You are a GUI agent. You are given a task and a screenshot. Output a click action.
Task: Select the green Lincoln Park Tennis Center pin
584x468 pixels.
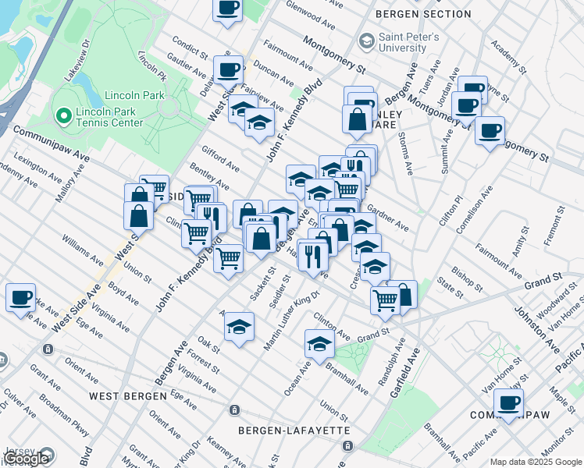63,116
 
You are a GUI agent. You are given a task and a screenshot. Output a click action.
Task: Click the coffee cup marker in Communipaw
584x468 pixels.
508,403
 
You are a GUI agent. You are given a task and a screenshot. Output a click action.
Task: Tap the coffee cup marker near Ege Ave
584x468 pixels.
20,297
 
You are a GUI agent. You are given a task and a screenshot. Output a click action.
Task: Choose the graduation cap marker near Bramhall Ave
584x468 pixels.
319,343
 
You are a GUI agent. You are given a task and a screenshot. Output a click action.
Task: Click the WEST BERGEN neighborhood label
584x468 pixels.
127,396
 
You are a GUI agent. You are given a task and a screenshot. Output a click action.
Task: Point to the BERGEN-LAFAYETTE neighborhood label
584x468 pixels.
294,431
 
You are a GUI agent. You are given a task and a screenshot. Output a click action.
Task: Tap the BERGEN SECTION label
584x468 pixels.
422,14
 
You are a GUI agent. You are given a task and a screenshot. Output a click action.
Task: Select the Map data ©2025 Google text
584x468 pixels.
536,462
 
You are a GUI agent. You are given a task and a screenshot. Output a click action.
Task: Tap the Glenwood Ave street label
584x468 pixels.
309,12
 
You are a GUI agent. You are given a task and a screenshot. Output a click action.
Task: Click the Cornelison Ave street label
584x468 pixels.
478,209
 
